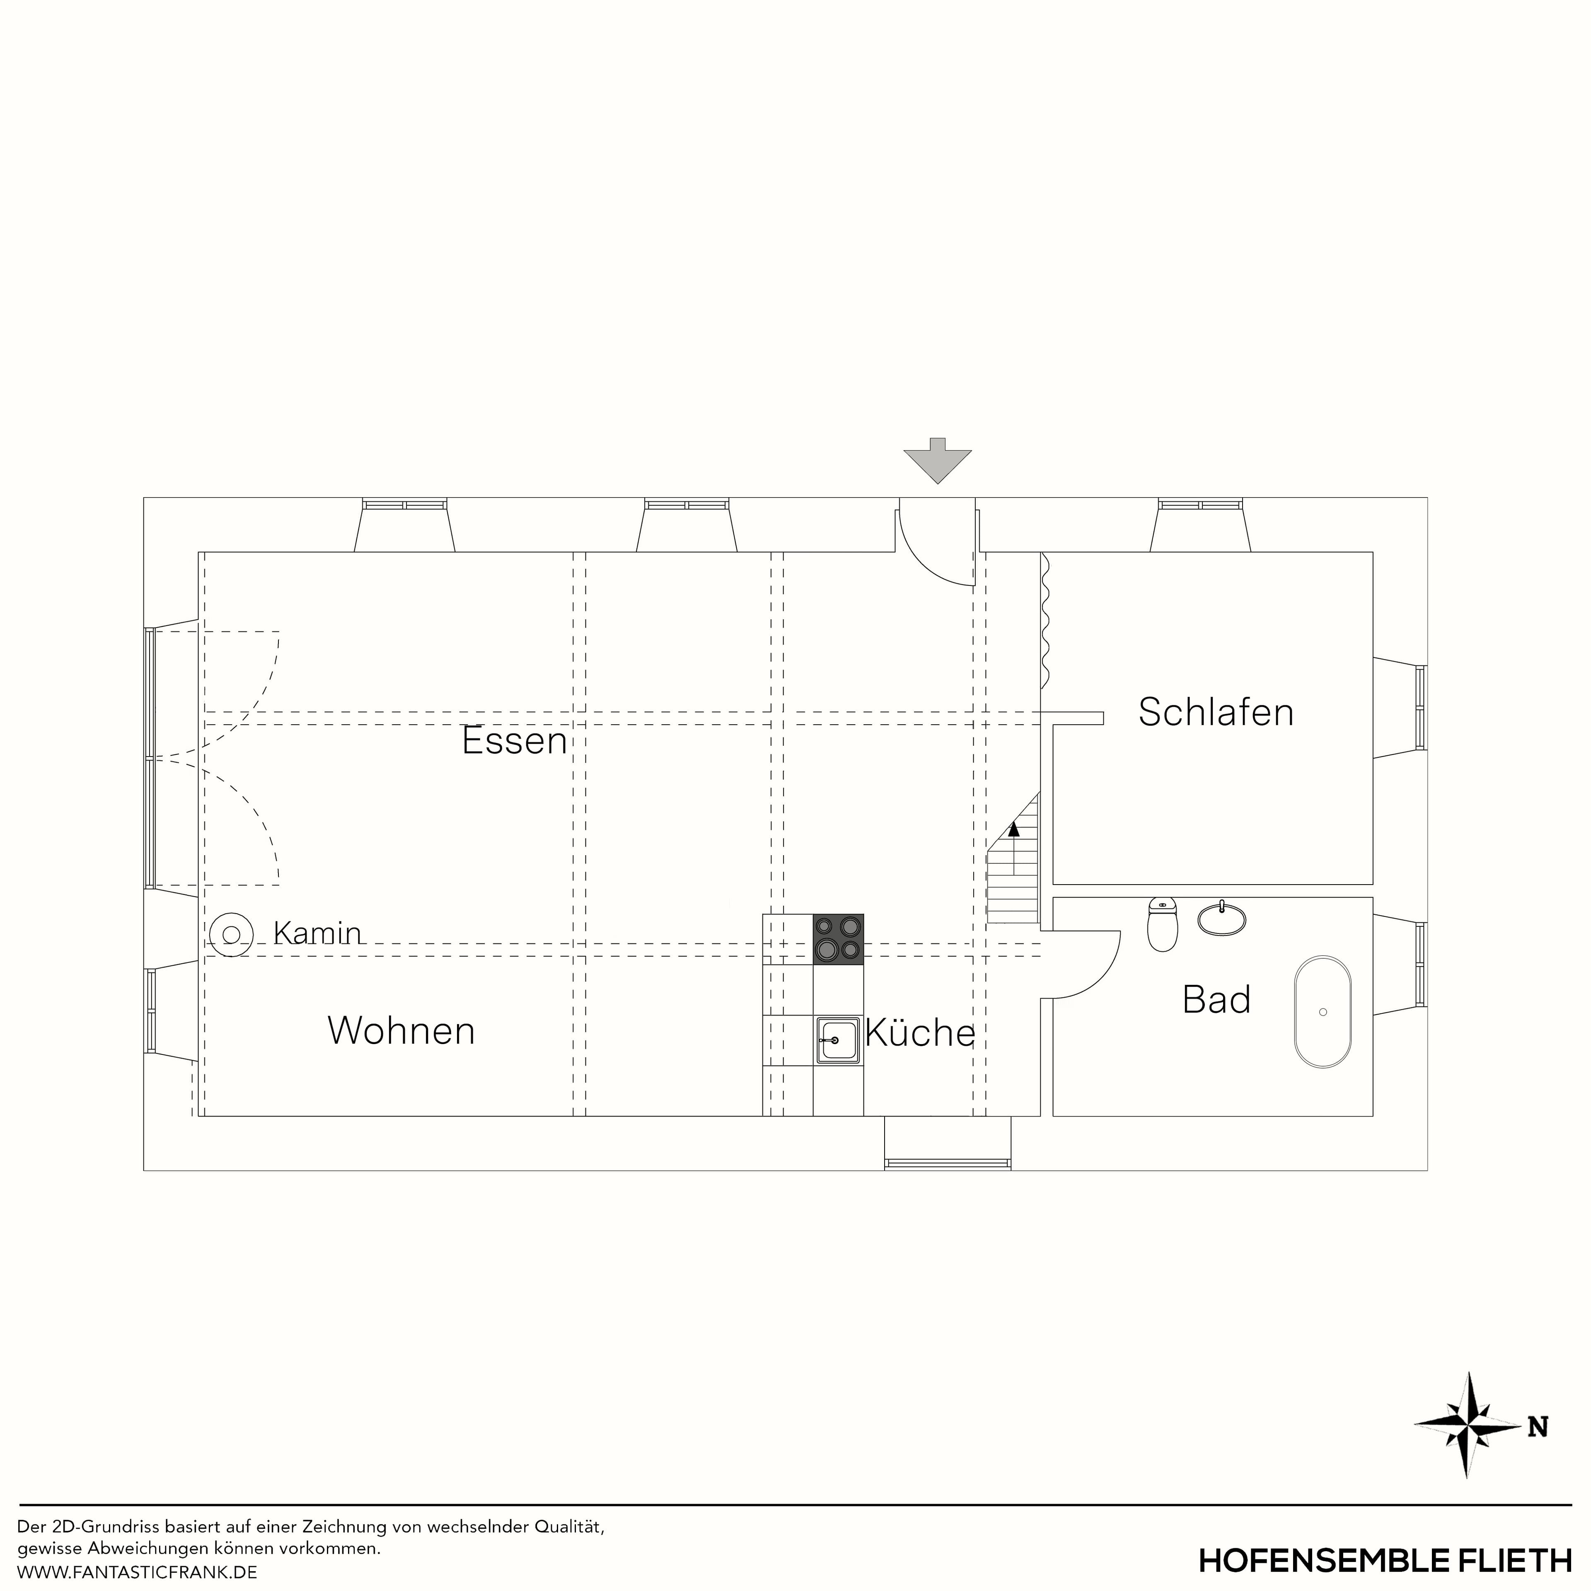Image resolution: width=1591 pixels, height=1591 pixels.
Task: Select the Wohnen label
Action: [x=401, y=1031]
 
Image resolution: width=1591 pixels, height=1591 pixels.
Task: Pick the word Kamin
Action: [x=317, y=933]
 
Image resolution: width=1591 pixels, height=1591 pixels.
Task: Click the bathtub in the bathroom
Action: [x=1323, y=1012]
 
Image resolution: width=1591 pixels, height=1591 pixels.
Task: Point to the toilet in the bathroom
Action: [x=1162, y=925]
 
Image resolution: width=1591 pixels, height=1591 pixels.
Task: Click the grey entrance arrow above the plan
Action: [x=937, y=461]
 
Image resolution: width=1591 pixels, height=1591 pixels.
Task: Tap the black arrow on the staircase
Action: [x=1014, y=829]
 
